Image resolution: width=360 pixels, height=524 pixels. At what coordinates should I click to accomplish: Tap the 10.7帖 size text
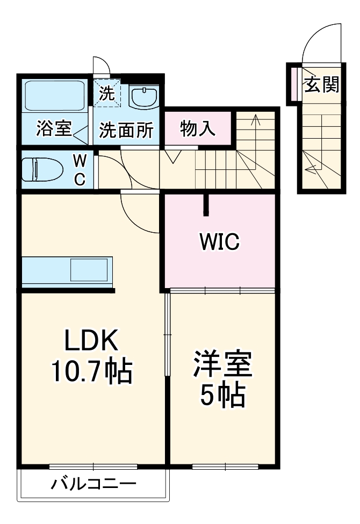click(92, 370)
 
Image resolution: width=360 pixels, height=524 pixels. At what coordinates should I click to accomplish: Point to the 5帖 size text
click(222, 396)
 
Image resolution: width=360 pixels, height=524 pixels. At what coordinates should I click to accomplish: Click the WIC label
click(219, 242)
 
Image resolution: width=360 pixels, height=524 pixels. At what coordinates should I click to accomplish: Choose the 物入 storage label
click(198, 128)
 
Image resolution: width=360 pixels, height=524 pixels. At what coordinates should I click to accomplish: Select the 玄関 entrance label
click(322, 84)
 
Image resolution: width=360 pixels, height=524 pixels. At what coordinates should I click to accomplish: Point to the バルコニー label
click(94, 484)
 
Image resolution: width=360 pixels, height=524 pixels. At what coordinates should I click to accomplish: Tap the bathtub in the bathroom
click(55, 97)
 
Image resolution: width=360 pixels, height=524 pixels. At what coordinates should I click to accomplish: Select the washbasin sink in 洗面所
click(143, 97)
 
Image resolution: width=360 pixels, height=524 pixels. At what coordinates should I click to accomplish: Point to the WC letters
click(79, 170)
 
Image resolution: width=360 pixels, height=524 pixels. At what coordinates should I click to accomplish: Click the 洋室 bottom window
click(224, 466)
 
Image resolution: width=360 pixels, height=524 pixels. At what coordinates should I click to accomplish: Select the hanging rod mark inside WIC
click(205, 205)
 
